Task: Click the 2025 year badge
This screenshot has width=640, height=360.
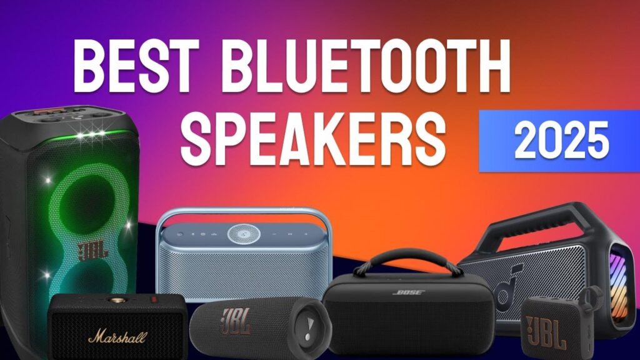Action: pos(559,141)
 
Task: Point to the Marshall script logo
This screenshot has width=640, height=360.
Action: pos(117,337)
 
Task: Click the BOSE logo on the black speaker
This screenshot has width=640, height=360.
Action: pos(409,292)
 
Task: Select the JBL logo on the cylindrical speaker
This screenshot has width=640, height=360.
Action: pos(236,321)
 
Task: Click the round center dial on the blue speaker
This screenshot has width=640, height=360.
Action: pos(244,234)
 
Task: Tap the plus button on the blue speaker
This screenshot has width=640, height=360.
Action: pos(306,234)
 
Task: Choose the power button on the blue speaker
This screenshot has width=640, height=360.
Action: pos(180,234)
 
